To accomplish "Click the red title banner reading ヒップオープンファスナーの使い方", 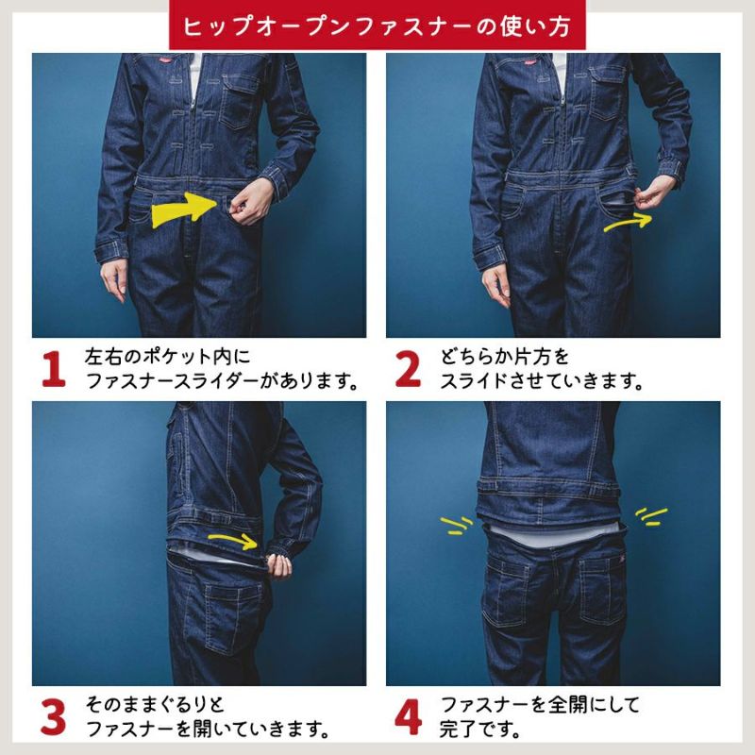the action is (x=377, y=25).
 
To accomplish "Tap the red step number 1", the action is (x=54, y=369).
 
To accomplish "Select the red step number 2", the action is (x=408, y=369).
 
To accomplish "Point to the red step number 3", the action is (x=53, y=717).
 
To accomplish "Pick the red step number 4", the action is (x=408, y=717).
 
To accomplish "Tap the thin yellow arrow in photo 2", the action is (x=629, y=222).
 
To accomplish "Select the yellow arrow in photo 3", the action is (x=233, y=540).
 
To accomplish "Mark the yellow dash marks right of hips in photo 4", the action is (x=651, y=516).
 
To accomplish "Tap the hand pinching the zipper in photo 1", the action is (x=250, y=201).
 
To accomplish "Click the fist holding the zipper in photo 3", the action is (x=278, y=564).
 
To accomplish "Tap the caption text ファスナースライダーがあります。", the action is (x=223, y=381).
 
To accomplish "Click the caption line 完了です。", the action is (x=480, y=729).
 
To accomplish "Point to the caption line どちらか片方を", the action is (x=505, y=357).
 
